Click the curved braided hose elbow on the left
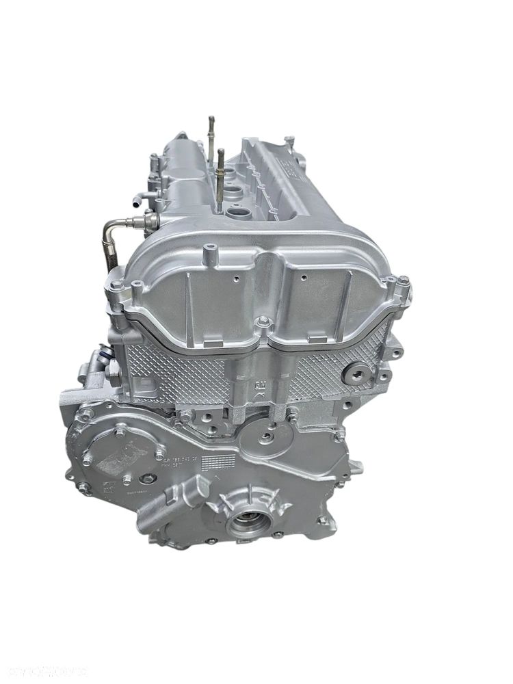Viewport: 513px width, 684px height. pyautogui.click(x=117, y=229)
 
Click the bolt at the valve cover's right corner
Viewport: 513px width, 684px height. pyautogui.click(x=404, y=280)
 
